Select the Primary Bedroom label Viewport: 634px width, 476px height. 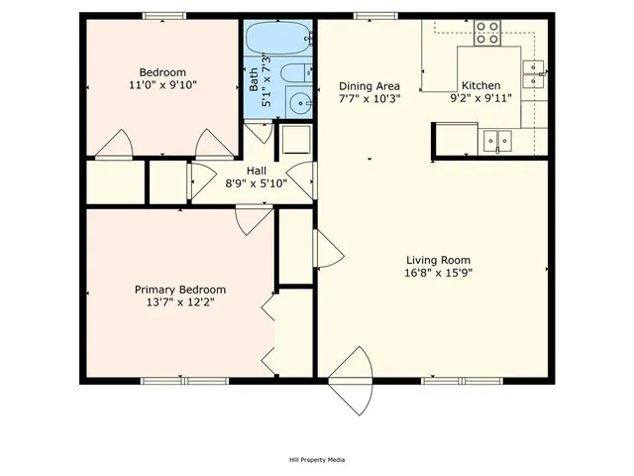(x=174, y=290)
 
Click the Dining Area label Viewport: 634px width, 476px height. (x=369, y=85)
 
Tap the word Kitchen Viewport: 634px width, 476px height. (x=480, y=85)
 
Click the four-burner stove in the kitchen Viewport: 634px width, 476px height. (x=486, y=34)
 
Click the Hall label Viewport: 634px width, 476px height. (x=257, y=170)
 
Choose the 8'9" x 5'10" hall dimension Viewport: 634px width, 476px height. (x=257, y=182)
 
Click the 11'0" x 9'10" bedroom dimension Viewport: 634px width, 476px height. (x=161, y=85)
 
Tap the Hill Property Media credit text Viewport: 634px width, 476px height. (x=317, y=459)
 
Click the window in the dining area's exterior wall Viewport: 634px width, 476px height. (x=370, y=16)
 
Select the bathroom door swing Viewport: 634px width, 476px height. (x=260, y=132)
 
